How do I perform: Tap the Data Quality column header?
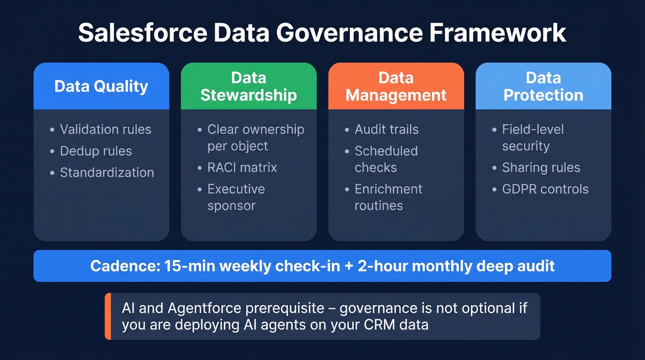(101, 86)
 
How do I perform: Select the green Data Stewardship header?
(248, 86)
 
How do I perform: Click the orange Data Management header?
(396, 86)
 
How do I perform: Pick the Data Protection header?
(543, 86)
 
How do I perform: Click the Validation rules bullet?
(106, 130)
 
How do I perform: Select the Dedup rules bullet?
(96, 151)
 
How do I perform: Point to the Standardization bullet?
(107, 172)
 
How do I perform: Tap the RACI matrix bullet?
(242, 167)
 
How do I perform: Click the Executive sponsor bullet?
(236, 197)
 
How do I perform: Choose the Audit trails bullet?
(387, 130)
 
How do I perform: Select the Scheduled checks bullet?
(386, 159)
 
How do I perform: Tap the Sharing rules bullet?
(541, 168)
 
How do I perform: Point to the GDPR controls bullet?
(545, 189)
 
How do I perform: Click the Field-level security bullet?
(533, 138)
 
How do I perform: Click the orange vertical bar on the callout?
(108, 316)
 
